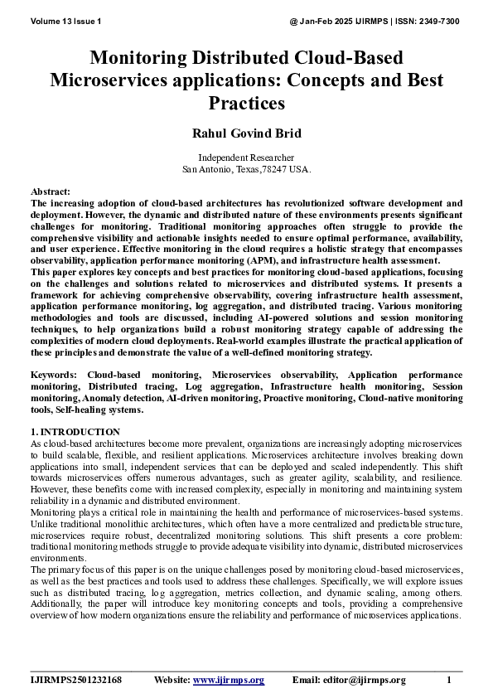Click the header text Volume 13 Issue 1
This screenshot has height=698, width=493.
coord(65,20)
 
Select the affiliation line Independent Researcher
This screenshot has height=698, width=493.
coord(246,158)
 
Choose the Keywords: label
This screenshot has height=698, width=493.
coord(55,376)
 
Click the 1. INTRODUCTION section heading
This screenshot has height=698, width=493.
coord(75,432)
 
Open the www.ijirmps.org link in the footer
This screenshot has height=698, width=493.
coord(229,681)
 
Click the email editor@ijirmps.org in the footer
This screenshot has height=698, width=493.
coord(365,681)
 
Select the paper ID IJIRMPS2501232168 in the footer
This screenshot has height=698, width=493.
coord(76,681)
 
